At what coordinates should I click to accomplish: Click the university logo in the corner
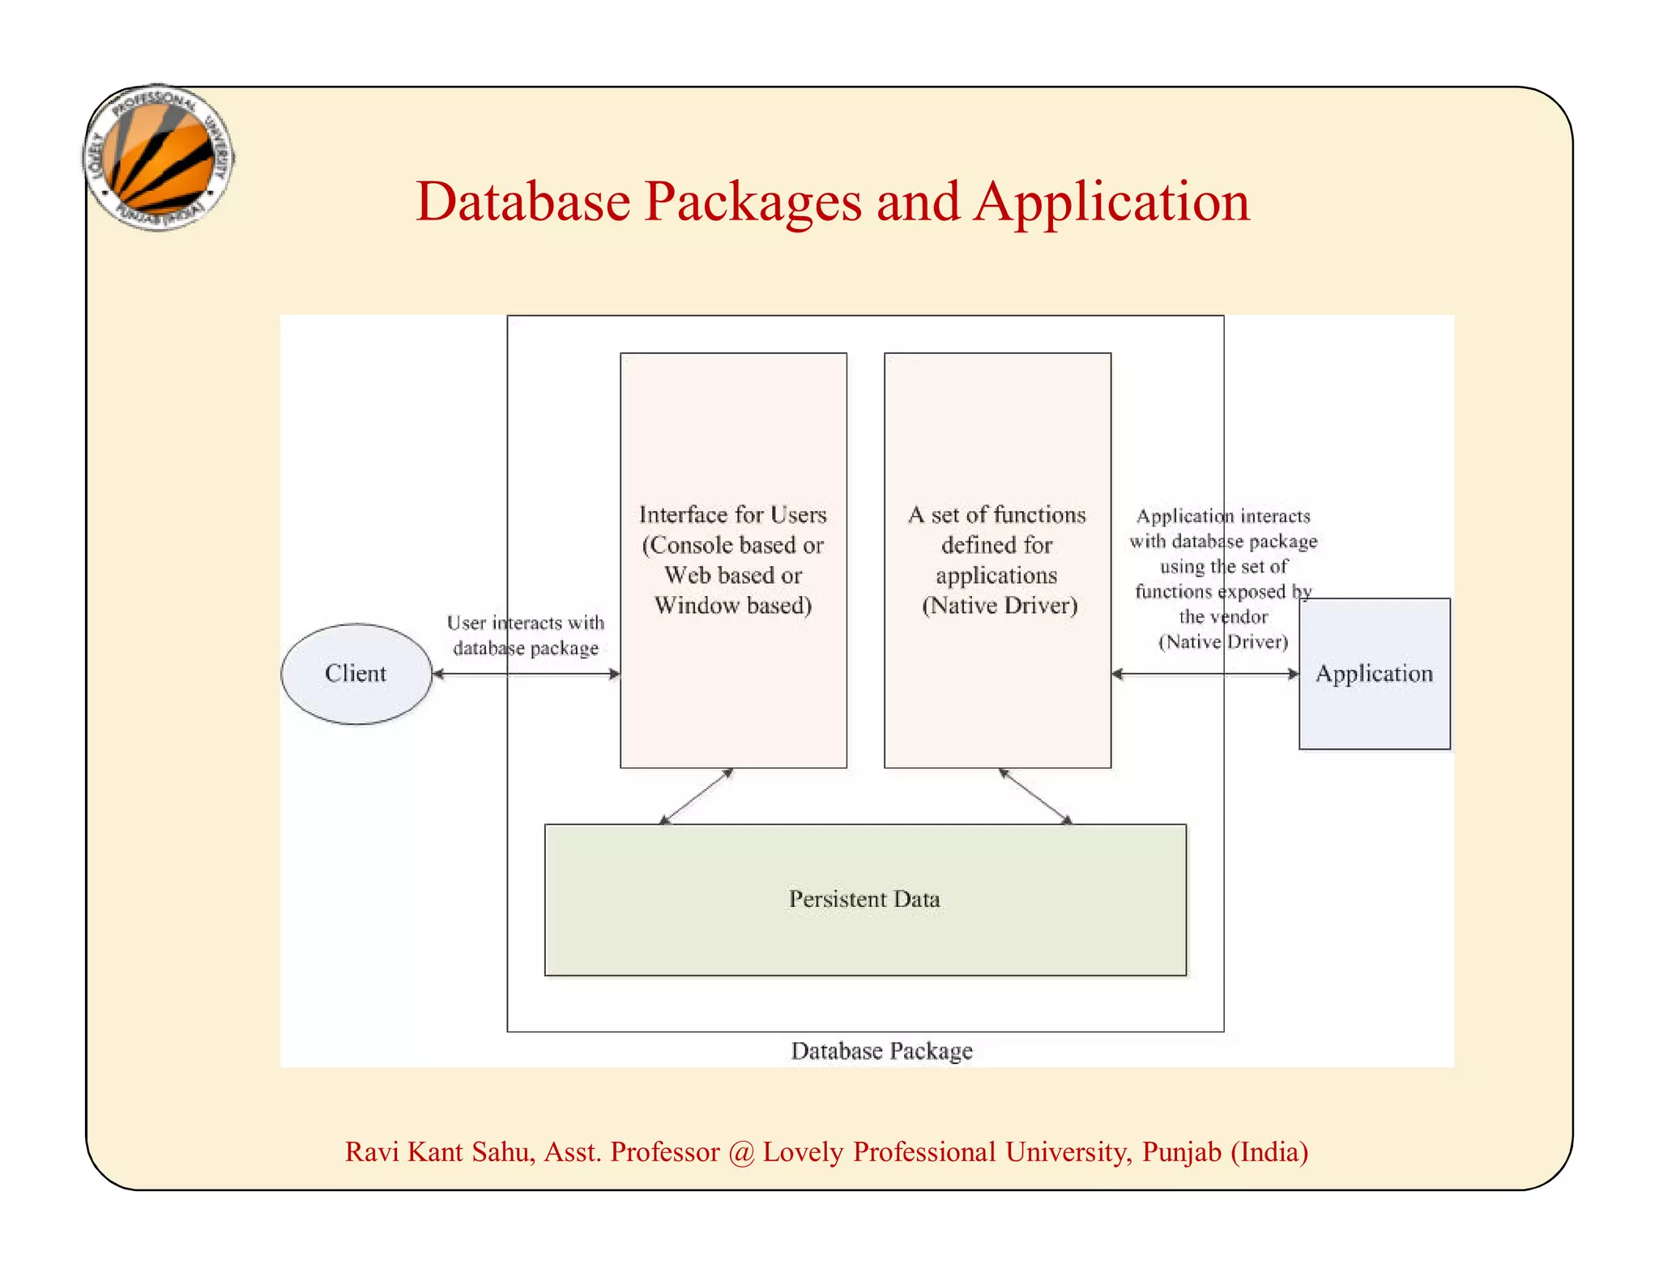pyautogui.click(x=159, y=158)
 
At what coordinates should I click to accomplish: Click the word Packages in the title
pyautogui.click(x=753, y=202)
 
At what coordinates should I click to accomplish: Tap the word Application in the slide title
pyautogui.click(x=1111, y=202)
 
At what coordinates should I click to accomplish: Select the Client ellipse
pyautogui.click(x=356, y=674)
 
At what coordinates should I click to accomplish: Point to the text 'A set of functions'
pyautogui.click(x=997, y=515)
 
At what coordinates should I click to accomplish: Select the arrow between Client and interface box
pyautogui.click(x=527, y=674)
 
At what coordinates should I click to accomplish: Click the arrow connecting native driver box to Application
pyautogui.click(x=1205, y=674)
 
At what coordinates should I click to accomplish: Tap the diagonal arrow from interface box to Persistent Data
pyautogui.click(x=697, y=797)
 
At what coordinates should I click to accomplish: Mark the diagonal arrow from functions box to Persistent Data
pyautogui.click(x=1035, y=797)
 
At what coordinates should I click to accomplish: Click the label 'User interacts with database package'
pyautogui.click(x=526, y=636)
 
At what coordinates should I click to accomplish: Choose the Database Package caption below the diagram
pyautogui.click(x=881, y=1051)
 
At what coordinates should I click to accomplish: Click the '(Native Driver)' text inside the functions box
pyautogui.click(x=1000, y=606)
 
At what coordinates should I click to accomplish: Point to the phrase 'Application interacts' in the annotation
pyautogui.click(x=1223, y=517)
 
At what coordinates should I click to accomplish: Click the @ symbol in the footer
pyautogui.click(x=741, y=1152)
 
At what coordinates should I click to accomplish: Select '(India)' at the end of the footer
pyautogui.click(x=1269, y=1152)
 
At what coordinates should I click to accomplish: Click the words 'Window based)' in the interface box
pyautogui.click(x=733, y=606)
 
